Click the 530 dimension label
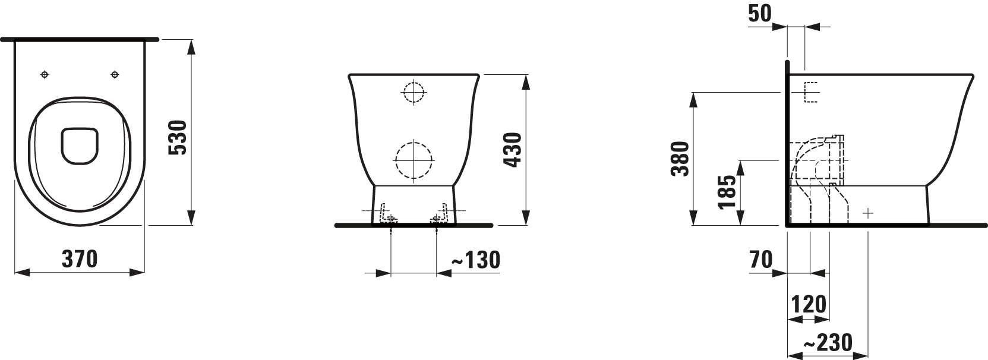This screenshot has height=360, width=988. pyautogui.click(x=179, y=137)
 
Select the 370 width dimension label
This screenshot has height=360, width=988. pyautogui.click(x=80, y=259)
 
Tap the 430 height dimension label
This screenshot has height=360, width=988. pyautogui.click(x=513, y=150)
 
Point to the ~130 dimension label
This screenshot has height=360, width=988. pyautogui.click(x=476, y=260)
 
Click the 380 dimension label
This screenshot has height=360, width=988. pyautogui.click(x=680, y=159)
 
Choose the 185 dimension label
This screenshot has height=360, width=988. pyautogui.click(x=727, y=192)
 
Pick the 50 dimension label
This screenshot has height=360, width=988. pyautogui.click(x=760, y=13)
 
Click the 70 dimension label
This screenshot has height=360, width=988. pyautogui.click(x=761, y=260)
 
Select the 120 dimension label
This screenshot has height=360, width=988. pyautogui.click(x=809, y=304)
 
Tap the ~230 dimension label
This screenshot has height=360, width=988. pyautogui.click(x=828, y=343)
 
